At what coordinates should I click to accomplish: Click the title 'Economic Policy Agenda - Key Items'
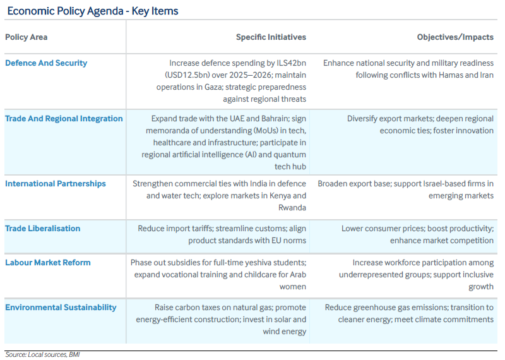coord(93,11)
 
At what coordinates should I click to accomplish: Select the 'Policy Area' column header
coord(26,37)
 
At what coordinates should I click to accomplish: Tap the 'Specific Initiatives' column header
coord(271,37)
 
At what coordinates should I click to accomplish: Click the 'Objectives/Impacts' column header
coord(454,37)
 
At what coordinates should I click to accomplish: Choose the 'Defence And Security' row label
coord(46,63)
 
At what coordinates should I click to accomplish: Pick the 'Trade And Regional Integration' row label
coord(64,119)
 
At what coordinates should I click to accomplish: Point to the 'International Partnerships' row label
coord(56,184)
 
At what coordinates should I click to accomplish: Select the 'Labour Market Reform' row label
coord(48,263)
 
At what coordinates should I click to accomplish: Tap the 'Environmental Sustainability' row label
coord(61,308)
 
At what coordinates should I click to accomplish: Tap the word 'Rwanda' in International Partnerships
coord(292,208)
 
